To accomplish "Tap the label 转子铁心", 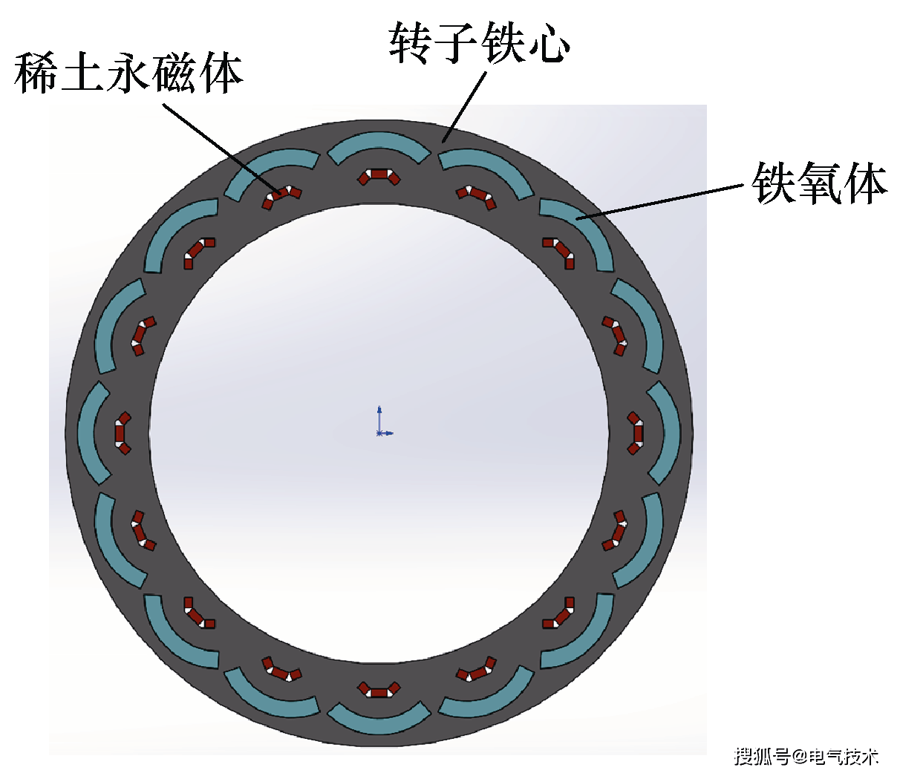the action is coord(480,42).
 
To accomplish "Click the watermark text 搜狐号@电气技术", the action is coord(806,757).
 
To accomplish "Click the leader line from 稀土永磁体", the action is coord(222,149).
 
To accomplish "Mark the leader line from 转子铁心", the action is coord(464,107).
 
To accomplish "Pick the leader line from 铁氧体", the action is coord(659,202).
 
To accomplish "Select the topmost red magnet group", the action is coord(379,175).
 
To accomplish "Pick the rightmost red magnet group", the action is coord(636,433).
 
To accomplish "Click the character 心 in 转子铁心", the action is coord(550,44).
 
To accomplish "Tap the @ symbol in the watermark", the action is coord(799,757).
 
